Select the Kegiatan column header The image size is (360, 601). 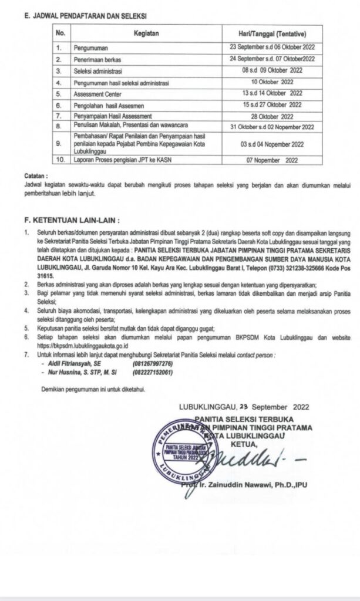145,34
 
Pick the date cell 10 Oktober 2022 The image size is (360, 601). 267,82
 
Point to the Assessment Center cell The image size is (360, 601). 96,93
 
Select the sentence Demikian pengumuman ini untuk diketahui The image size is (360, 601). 93,389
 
